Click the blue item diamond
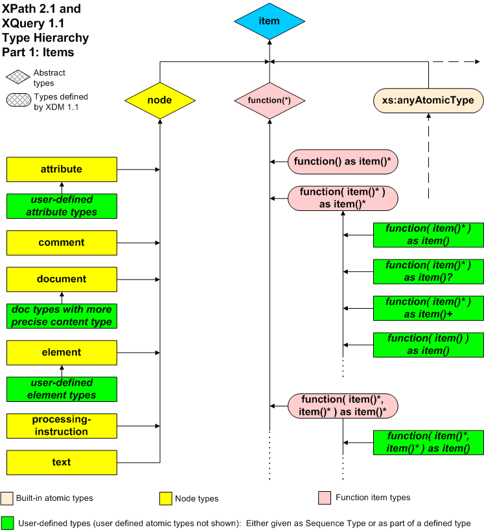(269, 21)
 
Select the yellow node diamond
(159, 100)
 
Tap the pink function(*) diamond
(269, 100)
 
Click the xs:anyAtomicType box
(428, 100)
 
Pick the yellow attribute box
(62, 170)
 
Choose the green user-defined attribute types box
(62, 206)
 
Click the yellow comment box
(62, 243)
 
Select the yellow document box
(62, 280)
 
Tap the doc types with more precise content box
(62, 316)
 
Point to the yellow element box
(62, 353)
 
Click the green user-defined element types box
(62, 389)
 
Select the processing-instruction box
(62, 426)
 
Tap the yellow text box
(62, 463)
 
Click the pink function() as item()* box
(343, 162)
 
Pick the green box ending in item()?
(428, 271)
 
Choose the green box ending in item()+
(428, 307)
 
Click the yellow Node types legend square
(165, 498)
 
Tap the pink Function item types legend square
(325, 498)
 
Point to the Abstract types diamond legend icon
(18, 78)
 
